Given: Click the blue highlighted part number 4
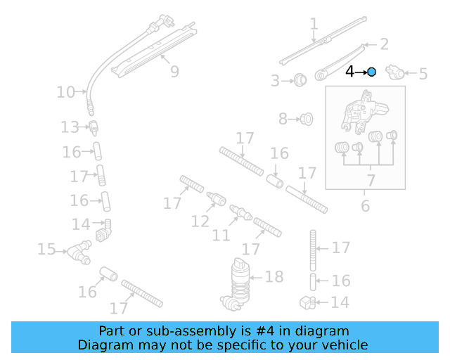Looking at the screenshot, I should [372, 71].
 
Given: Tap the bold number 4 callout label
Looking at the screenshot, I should [350, 71].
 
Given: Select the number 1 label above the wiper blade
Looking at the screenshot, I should [314, 25].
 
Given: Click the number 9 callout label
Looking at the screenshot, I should [174, 71].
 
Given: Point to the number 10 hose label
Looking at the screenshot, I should [65, 91].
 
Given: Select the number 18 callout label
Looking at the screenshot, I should [274, 276].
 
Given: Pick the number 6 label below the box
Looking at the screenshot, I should [365, 205].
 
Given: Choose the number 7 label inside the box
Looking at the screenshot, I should [371, 181].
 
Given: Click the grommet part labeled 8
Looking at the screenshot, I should [306, 119].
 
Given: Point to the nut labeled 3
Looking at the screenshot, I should [300, 79].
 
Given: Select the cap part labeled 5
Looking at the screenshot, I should [398, 72].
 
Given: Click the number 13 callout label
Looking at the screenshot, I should [70, 127].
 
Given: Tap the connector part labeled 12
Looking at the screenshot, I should [217, 199].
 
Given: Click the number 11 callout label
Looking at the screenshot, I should [221, 234].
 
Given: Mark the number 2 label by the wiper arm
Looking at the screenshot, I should [384, 45].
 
